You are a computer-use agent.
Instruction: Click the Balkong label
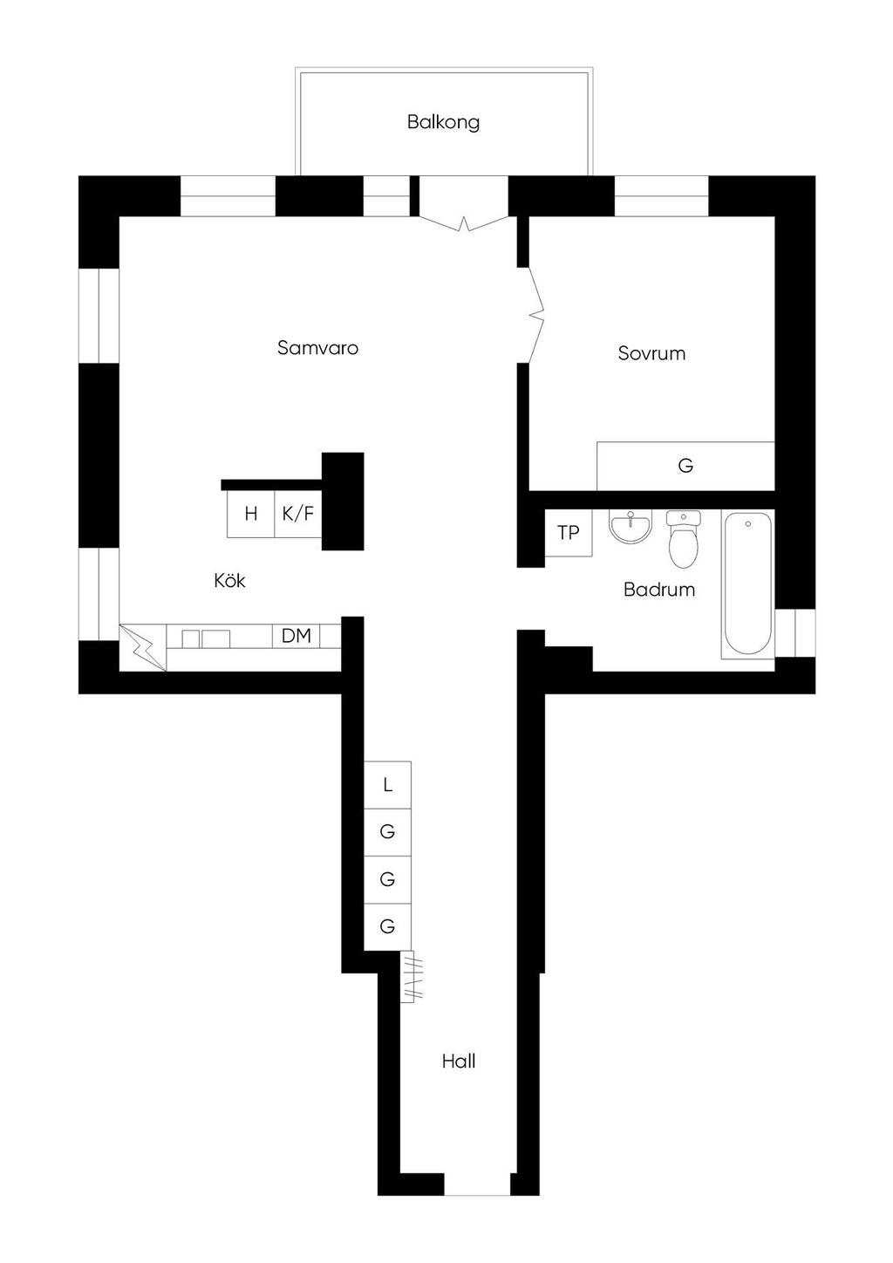point(443,122)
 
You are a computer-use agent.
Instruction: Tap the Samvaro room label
point(317,347)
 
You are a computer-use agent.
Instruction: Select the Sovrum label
point(651,353)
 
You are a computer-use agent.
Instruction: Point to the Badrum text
point(659,590)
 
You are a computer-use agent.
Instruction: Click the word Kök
point(229,580)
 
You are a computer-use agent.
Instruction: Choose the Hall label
point(459,1062)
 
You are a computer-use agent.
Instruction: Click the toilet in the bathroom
point(683,539)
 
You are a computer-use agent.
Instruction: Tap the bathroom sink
point(631,527)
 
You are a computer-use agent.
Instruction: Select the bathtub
point(747,584)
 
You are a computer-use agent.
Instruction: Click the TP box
point(569,533)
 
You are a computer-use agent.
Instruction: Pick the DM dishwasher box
point(296,636)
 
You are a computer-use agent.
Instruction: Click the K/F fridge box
point(297,514)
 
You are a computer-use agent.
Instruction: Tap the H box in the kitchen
point(251,514)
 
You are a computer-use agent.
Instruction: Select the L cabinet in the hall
point(387,785)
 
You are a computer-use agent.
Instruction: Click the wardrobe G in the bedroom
point(685,466)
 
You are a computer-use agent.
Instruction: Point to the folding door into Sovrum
point(536,315)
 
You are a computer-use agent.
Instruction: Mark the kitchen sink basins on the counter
point(206,638)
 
